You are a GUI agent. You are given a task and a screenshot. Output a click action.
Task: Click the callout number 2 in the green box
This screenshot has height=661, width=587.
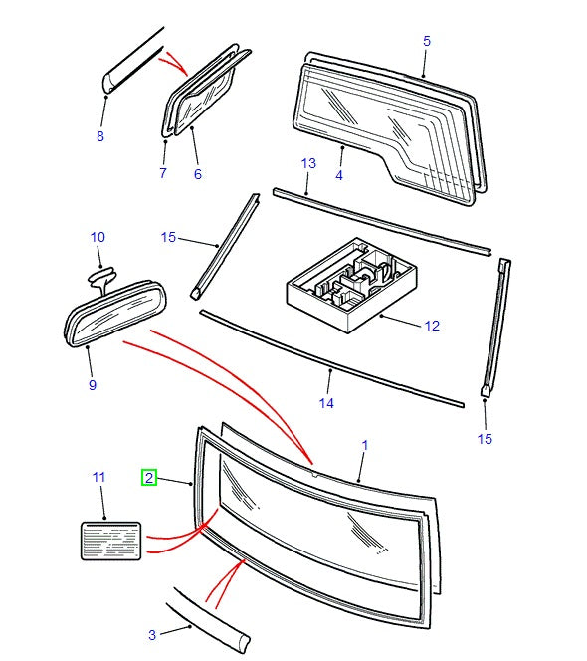pos(149,478)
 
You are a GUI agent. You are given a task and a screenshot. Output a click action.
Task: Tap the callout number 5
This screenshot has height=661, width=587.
pos(427,41)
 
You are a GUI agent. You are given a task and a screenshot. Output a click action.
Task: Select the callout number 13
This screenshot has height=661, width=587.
pos(308,163)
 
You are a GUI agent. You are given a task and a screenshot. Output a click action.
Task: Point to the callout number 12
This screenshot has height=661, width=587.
pos(432,326)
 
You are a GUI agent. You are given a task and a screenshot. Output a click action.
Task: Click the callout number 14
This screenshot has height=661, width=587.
pos(326,403)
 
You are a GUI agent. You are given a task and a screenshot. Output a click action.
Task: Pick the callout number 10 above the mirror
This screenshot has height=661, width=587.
pos(98,237)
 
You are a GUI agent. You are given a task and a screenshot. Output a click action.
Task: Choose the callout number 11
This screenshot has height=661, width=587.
pos(98,477)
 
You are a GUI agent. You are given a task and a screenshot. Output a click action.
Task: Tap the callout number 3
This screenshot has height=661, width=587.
pos(152,635)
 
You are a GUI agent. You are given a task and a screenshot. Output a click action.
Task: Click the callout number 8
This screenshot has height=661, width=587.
pos(100,136)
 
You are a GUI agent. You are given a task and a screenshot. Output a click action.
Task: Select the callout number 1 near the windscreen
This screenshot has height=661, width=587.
pos(365,445)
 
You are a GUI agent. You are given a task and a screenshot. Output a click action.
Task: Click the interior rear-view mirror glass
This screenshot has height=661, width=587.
pos(115,314)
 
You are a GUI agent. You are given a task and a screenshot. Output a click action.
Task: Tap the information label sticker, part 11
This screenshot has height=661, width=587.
pos(110,541)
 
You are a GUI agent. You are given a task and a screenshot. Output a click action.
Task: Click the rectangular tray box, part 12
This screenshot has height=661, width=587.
pos(351,286)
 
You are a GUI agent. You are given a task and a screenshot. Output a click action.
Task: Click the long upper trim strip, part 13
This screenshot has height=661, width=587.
pos(382,222)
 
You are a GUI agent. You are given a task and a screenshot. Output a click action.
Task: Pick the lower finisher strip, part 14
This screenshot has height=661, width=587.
pos(332,358)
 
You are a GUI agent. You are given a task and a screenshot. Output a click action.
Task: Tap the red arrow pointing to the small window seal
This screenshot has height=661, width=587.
pos(173,62)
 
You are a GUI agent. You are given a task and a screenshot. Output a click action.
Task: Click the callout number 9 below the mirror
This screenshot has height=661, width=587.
pos(93,384)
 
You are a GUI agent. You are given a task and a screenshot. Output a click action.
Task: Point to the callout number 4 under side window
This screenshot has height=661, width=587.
pos(339,175)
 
